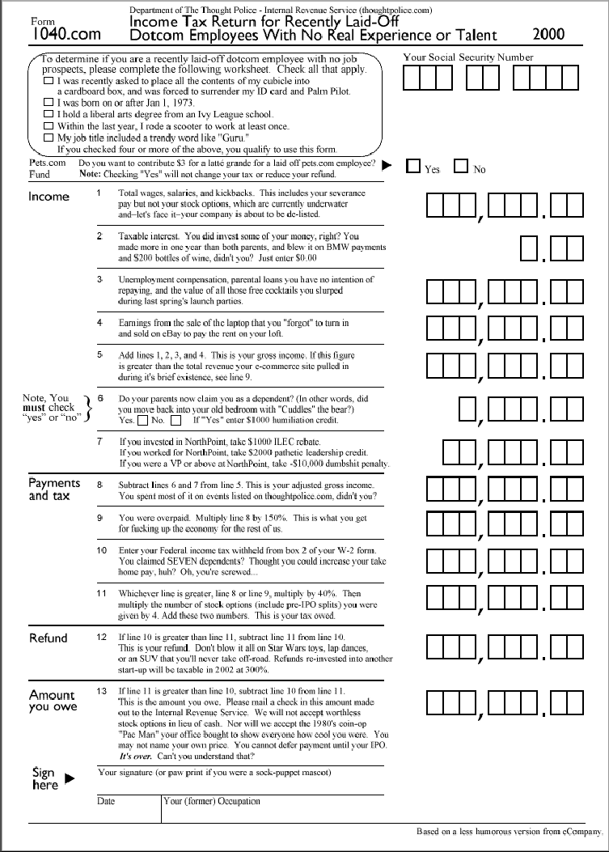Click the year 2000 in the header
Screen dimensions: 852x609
point(549,35)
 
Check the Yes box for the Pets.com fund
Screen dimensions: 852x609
point(413,167)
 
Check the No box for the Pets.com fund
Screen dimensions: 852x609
point(461,167)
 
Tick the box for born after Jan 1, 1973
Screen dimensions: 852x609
point(49,103)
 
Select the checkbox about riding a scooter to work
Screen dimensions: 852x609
point(49,126)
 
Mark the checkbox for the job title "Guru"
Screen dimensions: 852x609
point(49,138)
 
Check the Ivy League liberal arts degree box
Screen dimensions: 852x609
point(49,115)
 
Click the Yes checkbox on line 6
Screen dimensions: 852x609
point(142,421)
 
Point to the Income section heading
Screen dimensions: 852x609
point(49,197)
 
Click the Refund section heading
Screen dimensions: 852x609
point(49,638)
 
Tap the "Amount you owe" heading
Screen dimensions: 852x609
point(52,701)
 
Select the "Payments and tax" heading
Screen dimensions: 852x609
point(54,490)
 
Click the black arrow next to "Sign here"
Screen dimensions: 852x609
point(69,778)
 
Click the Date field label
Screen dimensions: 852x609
point(107,802)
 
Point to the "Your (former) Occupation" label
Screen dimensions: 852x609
point(212,802)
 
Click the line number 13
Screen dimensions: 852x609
point(101,691)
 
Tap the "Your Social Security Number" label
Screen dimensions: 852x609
point(468,57)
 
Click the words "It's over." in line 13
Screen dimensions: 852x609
point(134,756)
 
